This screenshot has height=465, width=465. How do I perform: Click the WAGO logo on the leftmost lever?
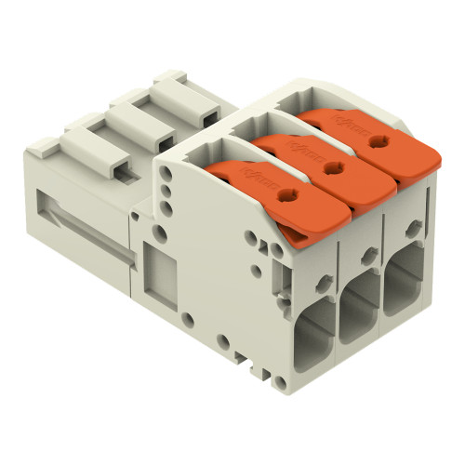[x=251, y=173]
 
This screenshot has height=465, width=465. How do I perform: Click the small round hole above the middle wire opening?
[x=369, y=252]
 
